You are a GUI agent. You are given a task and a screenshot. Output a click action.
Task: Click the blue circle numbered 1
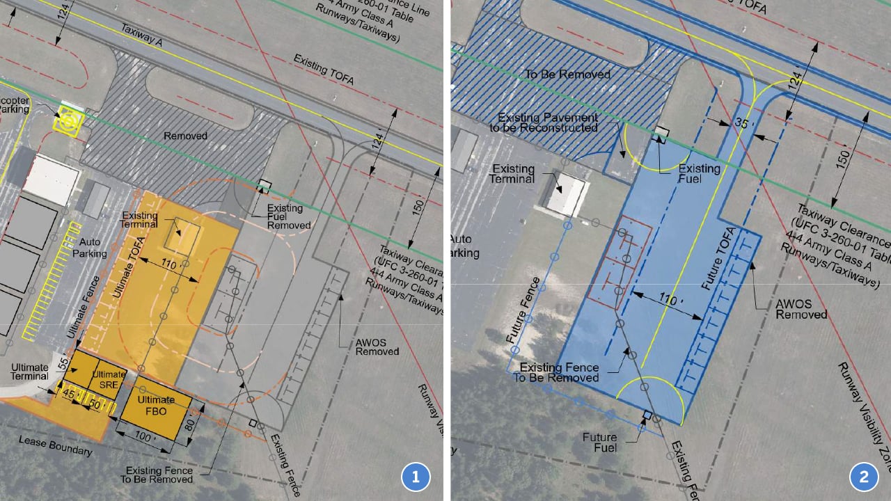tap(416, 477)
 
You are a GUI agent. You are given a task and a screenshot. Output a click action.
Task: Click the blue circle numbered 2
tap(864, 477)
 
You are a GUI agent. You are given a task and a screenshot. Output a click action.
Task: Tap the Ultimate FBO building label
tap(156, 404)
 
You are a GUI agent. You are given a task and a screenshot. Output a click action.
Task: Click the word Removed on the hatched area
tap(184, 136)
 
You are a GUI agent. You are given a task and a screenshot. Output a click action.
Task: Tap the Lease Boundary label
tap(55, 446)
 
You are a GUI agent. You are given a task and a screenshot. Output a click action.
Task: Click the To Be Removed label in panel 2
tap(567, 74)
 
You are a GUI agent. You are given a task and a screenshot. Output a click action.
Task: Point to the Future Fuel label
tap(599, 442)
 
